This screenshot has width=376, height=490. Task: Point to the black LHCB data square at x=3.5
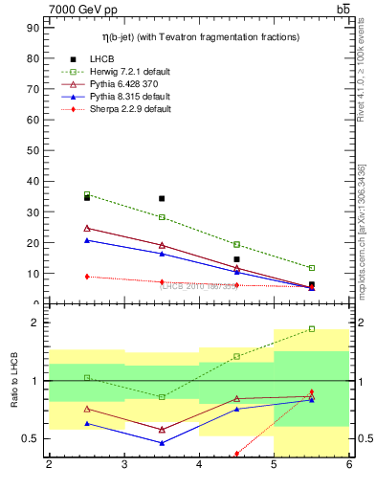(x=162, y=199)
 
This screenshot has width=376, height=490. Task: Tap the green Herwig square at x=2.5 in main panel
(x=87, y=194)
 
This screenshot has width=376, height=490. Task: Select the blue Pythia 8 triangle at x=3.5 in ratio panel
(x=162, y=443)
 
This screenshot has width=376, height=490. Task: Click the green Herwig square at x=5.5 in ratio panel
(x=312, y=328)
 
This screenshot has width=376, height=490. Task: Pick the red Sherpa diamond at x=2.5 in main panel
(x=87, y=277)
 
